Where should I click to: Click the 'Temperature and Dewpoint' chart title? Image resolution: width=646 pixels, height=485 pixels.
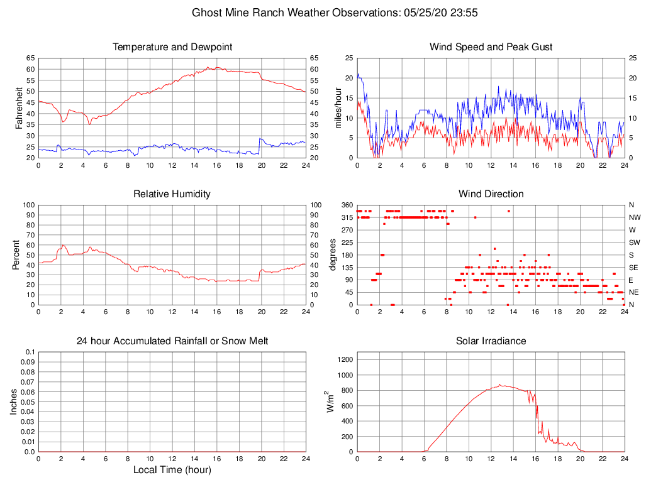pyautogui.click(x=172, y=47)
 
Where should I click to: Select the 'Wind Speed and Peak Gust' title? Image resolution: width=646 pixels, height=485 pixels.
pyautogui.click(x=491, y=47)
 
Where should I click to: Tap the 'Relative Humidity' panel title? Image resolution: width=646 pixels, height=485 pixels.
pyautogui.click(x=172, y=194)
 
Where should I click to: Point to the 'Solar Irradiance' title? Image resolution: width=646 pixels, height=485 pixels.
pyautogui.click(x=491, y=341)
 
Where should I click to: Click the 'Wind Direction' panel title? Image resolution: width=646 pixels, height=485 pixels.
pyautogui.click(x=491, y=194)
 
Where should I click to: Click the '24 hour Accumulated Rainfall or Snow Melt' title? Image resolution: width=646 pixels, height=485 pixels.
pyautogui.click(x=172, y=341)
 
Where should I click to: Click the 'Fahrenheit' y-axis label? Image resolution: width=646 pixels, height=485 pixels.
pyautogui.click(x=19, y=107)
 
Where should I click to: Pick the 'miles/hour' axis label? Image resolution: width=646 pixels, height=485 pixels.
pyautogui.click(x=338, y=107)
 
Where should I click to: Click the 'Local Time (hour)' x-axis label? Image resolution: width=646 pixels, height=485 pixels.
pyautogui.click(x=172, y=470)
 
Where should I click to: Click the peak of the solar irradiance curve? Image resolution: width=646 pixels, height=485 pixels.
pyautogui.click(x=500, y=384)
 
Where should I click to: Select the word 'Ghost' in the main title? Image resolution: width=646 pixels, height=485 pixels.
pyautogui.click(x=206, y=13)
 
